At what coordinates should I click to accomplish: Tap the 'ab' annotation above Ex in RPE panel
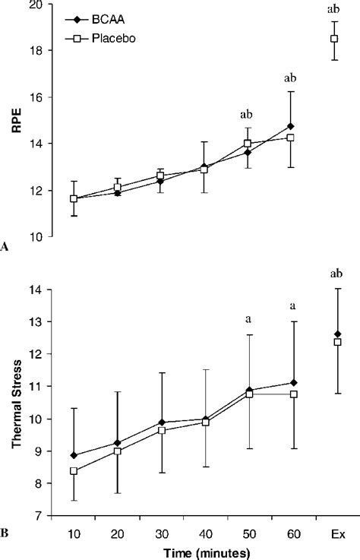[333, 9]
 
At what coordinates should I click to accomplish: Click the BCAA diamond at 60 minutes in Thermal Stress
[292, 383]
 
